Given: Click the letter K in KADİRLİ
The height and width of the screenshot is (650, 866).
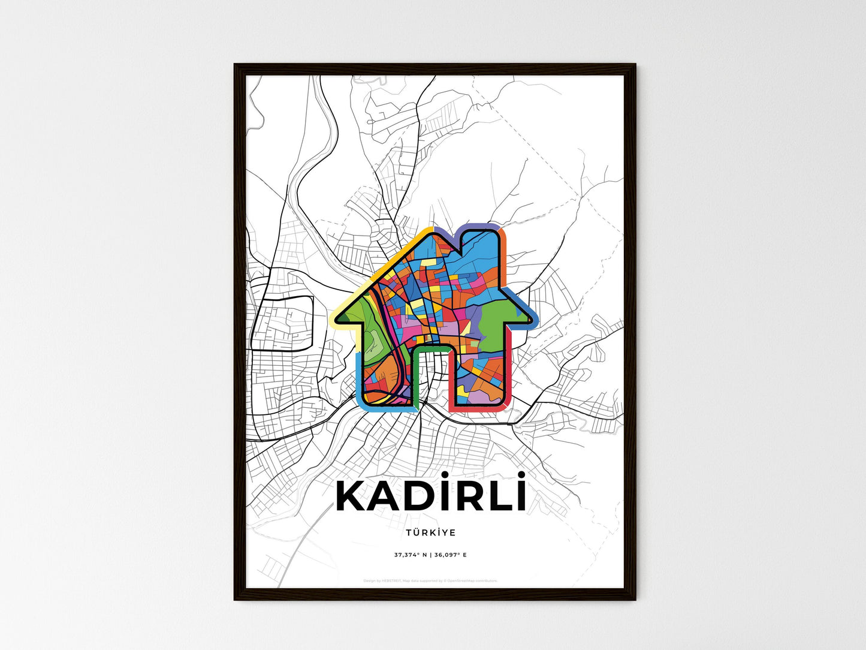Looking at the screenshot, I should (353, 497).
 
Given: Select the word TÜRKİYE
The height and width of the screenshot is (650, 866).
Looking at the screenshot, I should (430, 532).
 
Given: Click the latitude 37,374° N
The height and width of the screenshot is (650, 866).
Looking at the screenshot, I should (411, 555).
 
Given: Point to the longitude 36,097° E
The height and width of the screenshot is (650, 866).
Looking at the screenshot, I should (449, 555).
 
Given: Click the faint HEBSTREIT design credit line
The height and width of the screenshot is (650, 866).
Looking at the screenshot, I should (430, 580).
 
